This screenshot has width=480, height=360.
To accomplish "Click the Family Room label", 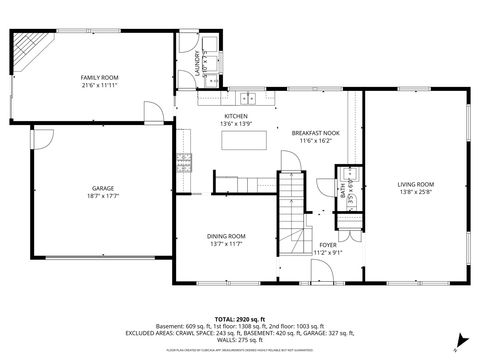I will [99, 77].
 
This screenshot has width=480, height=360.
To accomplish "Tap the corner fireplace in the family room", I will [33, 46].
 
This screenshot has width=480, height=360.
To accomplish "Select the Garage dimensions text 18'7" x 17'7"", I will [103, 196].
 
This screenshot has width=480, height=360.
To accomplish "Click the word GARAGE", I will [103, 188].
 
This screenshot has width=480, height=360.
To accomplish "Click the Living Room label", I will [415, 183].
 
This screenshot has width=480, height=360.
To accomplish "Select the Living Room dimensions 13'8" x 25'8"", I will [415, 191].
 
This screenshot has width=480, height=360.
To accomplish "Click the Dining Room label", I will [227, 236].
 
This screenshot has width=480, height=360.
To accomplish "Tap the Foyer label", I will [327, 245].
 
